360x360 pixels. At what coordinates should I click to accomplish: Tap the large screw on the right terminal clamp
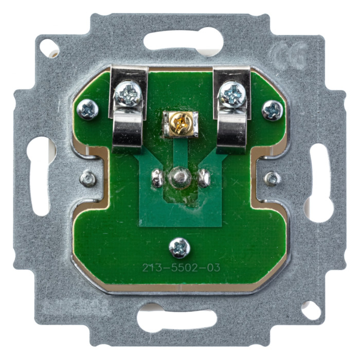coord(232,95)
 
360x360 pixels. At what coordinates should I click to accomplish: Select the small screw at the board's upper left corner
coord(88,109)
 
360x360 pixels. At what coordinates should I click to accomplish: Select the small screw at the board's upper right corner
coord(272,110)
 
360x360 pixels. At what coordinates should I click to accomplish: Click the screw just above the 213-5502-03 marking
coord(179,248)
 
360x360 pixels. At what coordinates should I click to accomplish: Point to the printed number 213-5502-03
coord(181,267)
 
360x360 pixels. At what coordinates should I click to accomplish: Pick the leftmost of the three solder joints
coord(157,178)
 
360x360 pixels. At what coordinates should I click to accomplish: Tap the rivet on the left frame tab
coord(88,178)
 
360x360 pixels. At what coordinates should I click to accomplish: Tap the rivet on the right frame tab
coord(272,178)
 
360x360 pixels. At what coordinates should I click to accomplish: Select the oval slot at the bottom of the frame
coord(176,320)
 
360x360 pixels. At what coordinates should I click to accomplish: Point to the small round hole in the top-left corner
coord(49,48)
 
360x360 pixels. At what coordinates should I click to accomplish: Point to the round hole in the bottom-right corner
coord(311,310)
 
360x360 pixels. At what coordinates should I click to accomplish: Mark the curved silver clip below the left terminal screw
coord(127,131)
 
